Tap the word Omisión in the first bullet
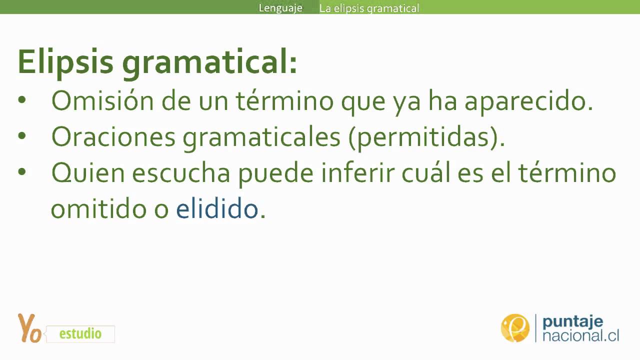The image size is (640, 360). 102,101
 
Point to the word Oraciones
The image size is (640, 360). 113,137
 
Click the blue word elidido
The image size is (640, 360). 216,208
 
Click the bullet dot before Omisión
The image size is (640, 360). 21,100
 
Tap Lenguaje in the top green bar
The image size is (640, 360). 280,8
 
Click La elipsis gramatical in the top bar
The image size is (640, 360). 369,8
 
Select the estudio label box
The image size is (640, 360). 80,333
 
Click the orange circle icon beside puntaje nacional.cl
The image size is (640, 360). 515,328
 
